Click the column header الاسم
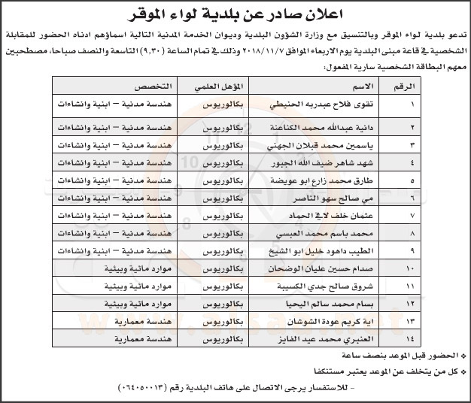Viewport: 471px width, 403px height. coord(335,86)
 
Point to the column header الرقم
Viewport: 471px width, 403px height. coord(410,86)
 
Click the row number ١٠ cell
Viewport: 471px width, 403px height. coord(410,268)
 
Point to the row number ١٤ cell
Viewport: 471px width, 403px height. coord(410,340)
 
